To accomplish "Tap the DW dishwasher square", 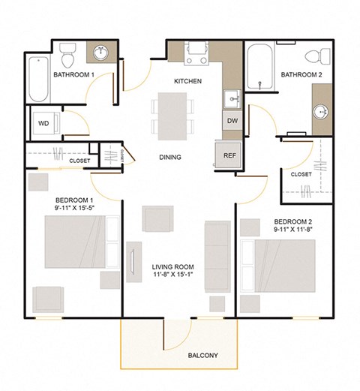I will tap(231, 120).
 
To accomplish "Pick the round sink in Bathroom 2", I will tap(321, 112).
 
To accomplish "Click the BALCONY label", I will tap(203, 355).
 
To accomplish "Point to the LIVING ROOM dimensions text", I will tap(173, 275).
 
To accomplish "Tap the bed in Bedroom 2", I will tap(292, 264).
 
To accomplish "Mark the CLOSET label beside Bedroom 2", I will tap(301, 174).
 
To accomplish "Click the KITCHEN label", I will tap(187, 81).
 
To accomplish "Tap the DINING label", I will tap(170, 158).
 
